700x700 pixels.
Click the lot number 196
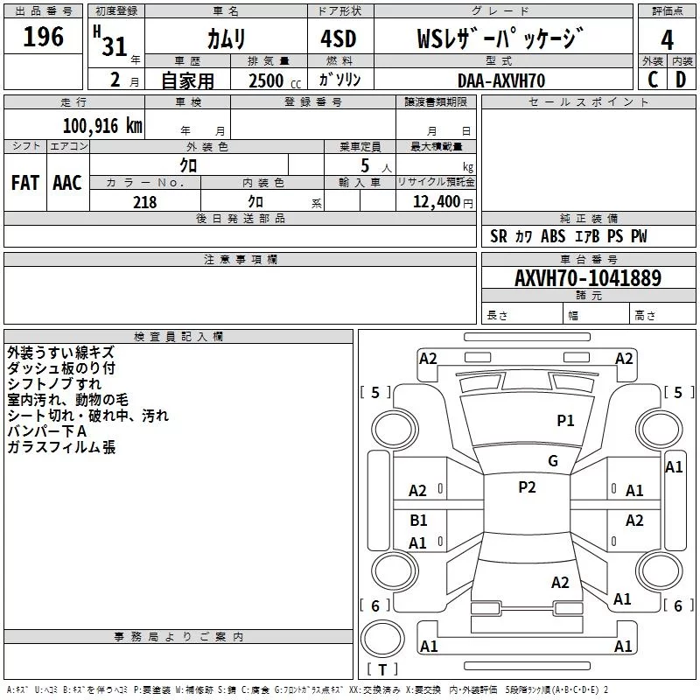click(43, 37)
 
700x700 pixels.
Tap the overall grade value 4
click(667, 40)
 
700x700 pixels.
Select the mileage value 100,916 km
click(102, 126)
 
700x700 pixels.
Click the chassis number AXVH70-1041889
click(588, 278)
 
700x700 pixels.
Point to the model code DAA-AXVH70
click(501, 80)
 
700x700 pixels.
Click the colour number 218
click(144, 202)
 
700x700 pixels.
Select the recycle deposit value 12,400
click(436, 202)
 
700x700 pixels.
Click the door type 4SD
click(339, 38)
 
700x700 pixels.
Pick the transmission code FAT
click(25, 183)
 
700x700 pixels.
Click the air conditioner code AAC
click(67, 183)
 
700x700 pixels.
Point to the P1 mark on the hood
click(565, 421)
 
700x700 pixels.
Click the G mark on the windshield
click(553, 461)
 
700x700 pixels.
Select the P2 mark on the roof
click(528, 487)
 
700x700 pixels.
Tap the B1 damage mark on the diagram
click(419, 520)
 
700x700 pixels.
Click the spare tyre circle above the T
click(382, 639)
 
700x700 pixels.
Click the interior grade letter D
click(681, 80)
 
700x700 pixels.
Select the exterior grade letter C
click(653, 80)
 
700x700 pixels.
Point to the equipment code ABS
click(553, 236)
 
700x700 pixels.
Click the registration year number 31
click(115, 47)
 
